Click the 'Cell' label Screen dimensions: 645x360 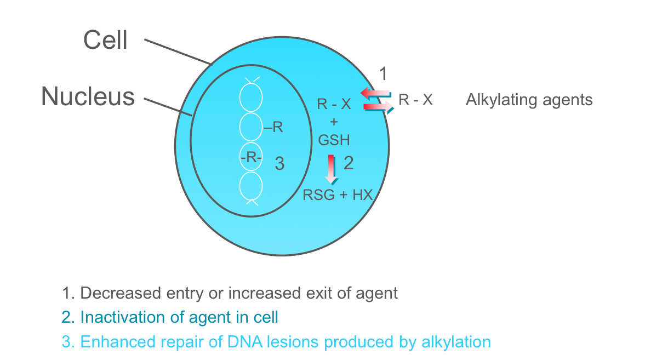(105, 40)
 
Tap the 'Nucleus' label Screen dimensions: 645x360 (88, 96)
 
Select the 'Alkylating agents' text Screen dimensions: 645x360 (529, 100)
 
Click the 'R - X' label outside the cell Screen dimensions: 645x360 (415, 100)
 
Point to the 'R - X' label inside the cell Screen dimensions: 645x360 (334, 104)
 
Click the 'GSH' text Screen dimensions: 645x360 (334, 140)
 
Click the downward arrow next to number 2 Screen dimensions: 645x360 (331, 169)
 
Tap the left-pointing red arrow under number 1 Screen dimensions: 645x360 (375, 94)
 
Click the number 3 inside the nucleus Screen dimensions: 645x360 (279, 163)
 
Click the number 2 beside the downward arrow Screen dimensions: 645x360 (349, 163)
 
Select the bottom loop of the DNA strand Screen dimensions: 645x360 (252, 186)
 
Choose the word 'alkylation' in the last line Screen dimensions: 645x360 (449, 342)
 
